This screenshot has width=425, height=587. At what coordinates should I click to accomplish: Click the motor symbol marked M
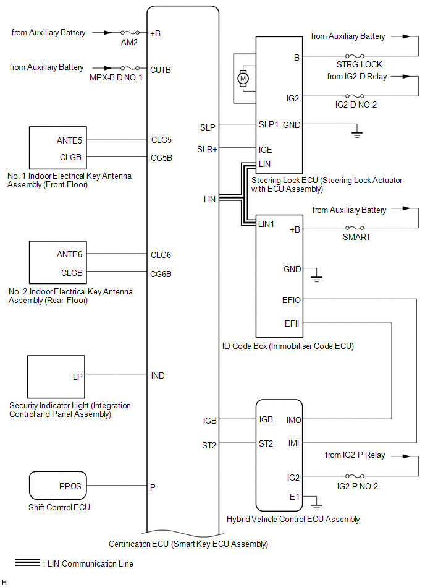pyautogui.click(x=243, y=78)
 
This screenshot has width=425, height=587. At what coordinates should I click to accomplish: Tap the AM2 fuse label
pyautogui.click(x=129, y=42)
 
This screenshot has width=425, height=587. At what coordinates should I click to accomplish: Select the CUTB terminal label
pyautogui.click(x=161, y=70)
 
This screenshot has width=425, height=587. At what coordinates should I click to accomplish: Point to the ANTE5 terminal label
pyautogui.click(x=69, y=140)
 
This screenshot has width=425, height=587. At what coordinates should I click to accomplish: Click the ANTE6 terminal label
pyautogui.click(x=69, y=255)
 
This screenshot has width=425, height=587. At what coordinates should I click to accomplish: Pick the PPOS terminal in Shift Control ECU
pyautogui.click(x=70, y=486)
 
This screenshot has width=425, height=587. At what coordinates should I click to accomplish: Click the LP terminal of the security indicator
pyautogui.click(x=77, y=377)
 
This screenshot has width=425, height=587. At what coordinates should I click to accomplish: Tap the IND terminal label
pyautogui.click(x=158, y=375)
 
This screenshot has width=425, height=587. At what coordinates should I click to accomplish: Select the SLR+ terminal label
pyautogui.click(x=207, y=149)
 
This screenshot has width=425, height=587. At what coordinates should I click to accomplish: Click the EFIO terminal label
pyautogui.click(x=291, y=300)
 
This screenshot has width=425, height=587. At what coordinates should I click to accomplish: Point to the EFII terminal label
pyautogui.click(x=292, y=323)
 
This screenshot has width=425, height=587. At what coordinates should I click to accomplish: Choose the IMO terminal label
pyautogui.click(x=293, y=421)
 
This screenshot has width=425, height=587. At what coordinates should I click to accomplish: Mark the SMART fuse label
pyautogui.click(x=356, y=237)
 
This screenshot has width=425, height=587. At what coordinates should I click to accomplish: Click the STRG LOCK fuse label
pyautogui.click(x=360, y=64)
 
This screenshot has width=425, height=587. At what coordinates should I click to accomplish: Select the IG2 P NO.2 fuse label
pyautogui.click(x=357, y=486)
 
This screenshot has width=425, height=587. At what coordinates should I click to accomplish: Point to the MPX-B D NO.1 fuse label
pyautogui.click(x=116, y=77)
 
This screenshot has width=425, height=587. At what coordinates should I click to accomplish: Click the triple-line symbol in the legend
pyautogui.click(x=27, y=562)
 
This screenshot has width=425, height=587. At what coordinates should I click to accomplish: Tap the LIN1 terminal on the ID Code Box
pyautogui.click(x=266, y=224)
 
